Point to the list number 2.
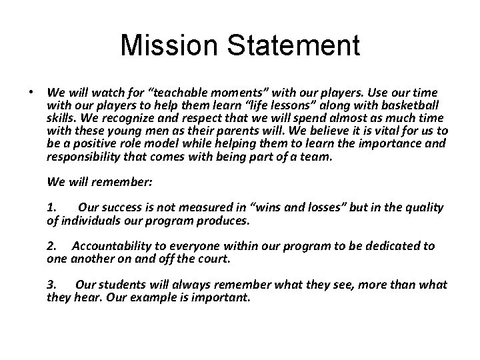53,246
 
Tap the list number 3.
53,285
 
